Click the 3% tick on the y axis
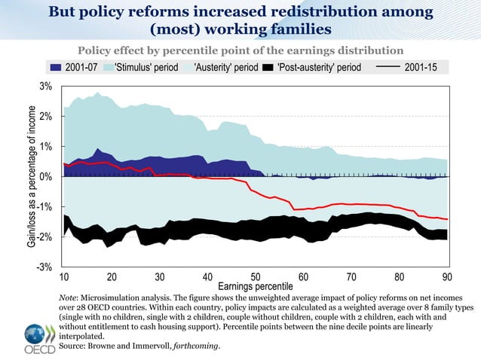pyautogui.click(x=45, y=87)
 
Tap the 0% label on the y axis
pyautogui.click(x=45, y=177)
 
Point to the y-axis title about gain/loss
pyautogui.click(x=32, y=177)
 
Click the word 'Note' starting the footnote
pyautogui.click(x=69, y=299)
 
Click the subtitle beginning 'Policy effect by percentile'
pyautogui.click(x=240, y=50)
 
